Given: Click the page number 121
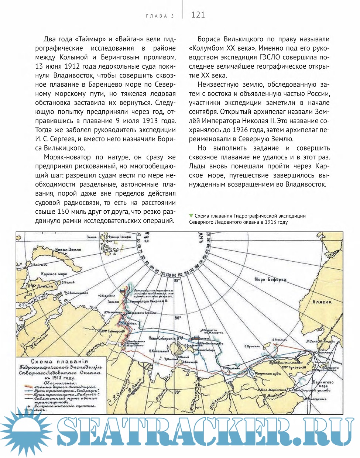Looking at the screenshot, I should (x=198, y=15).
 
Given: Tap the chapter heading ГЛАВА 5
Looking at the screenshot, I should (x=160, y=16).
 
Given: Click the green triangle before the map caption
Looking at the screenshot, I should (x=191, y=216).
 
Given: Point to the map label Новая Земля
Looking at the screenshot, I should (x=68, y=250).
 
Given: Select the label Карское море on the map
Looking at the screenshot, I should (x=54, y=274).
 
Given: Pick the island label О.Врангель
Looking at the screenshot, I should (x=252, y=346).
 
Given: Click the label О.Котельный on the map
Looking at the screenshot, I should (x=159, y=351).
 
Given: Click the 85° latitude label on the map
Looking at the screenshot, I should (x=177, y=280).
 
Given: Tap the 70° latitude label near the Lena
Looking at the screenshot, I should (x=177, y=392).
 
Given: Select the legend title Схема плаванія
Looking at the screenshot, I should (x=59, y=362).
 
